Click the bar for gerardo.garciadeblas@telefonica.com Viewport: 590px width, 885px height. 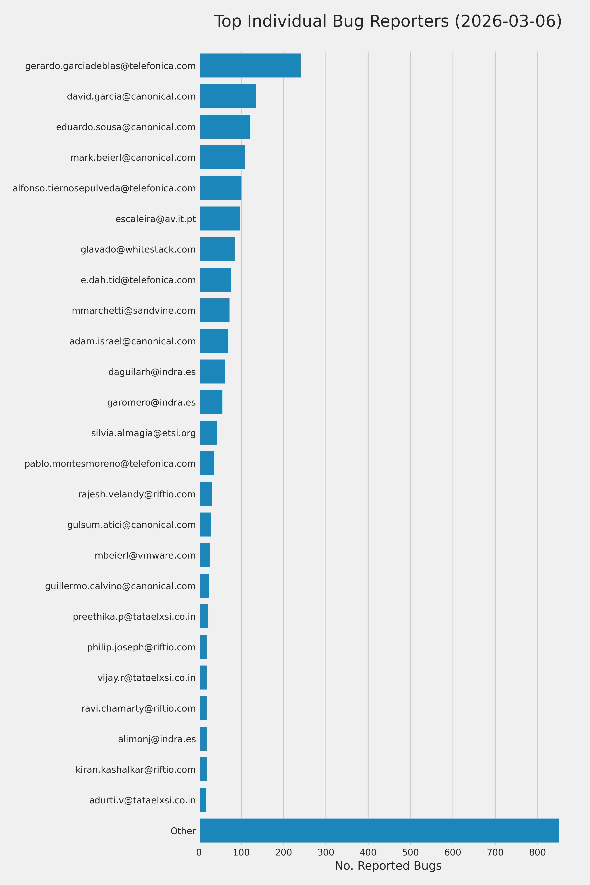coord(250,65)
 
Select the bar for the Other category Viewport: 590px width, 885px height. coord(379,831)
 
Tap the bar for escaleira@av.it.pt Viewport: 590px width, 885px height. coord(220,219)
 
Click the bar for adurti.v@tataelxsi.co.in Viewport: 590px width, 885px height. coord(203,800)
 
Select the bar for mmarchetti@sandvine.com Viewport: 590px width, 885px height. coord(215,310)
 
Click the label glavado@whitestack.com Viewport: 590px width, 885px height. coord(138,249)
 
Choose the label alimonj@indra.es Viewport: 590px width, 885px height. coord(157,739)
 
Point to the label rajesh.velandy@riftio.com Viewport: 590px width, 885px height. coord(137,494)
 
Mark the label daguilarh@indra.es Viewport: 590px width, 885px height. coord(152,372)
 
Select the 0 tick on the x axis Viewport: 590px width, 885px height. coord(199,852)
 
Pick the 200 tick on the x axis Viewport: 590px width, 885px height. coord(283,852)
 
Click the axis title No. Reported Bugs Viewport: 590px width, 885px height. coord(388,866)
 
